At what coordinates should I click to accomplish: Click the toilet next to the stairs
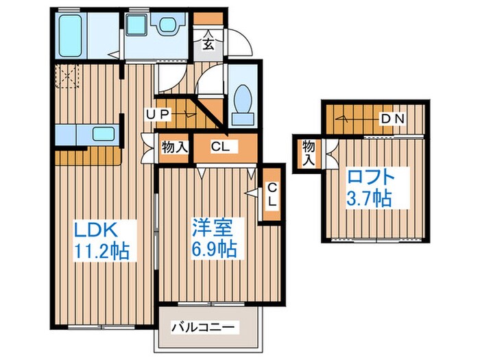click(243, 105)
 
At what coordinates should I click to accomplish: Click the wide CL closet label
click(220, 146)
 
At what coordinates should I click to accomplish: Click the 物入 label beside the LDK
click(175, 147)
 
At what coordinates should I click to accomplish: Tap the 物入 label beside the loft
click(309, 153)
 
